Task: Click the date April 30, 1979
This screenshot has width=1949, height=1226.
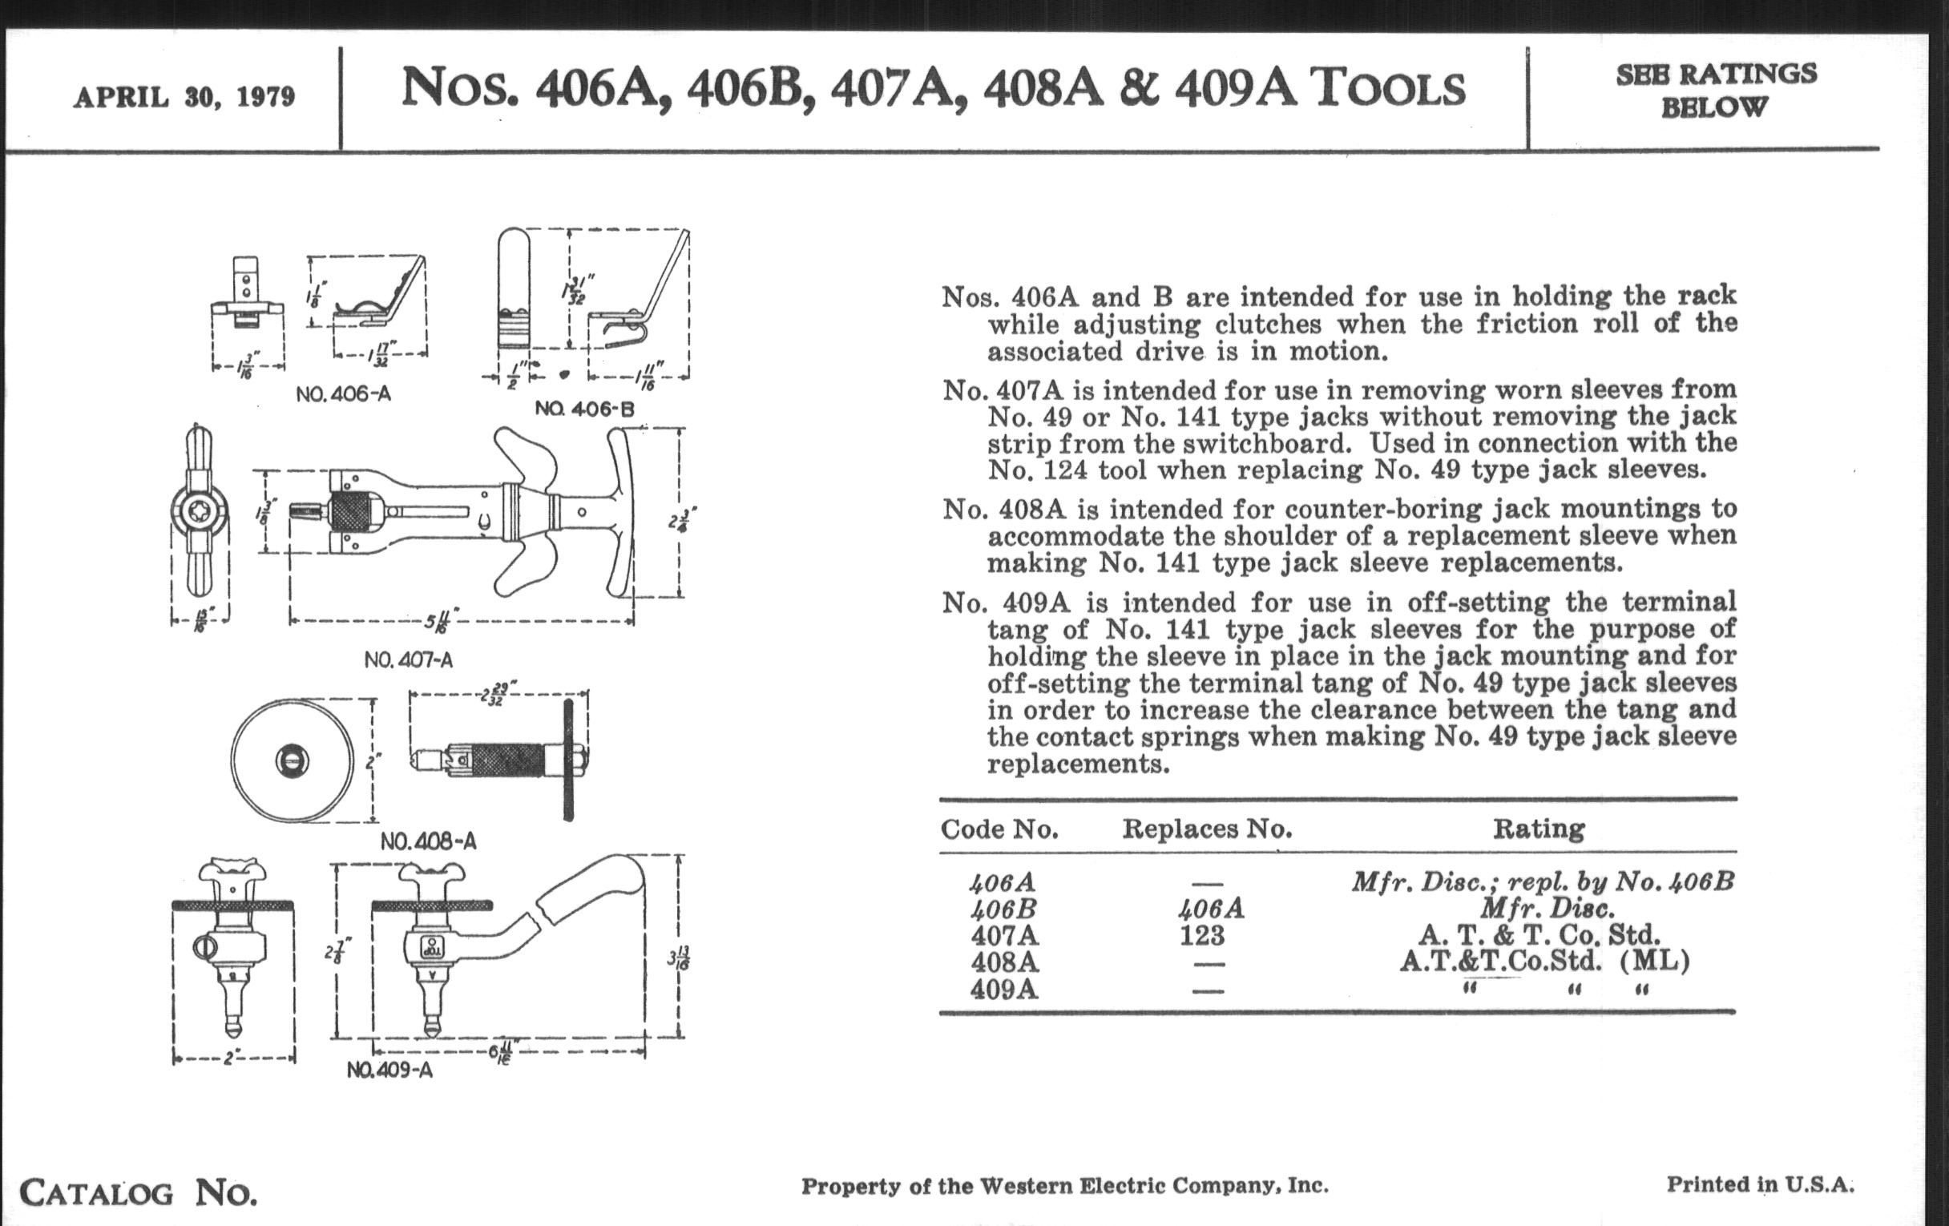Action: tap(184, 97)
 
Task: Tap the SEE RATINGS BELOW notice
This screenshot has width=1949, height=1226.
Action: tap(1716, 90)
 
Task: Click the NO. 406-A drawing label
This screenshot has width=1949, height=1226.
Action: tap(343, 394)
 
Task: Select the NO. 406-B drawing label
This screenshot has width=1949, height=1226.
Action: tap(584, 409)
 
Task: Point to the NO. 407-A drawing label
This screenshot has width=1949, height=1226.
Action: tap(408, 659)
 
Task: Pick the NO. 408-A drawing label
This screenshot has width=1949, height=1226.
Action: tap(428, 841)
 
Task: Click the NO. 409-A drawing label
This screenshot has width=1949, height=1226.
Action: tap(389, 1070)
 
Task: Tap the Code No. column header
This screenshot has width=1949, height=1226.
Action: tap(999, 829)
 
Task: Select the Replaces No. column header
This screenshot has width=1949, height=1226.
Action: tap(1207, 829)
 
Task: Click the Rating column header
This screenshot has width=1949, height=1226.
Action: tap(1539, 829)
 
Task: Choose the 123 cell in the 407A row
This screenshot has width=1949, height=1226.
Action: tap(1202, 936)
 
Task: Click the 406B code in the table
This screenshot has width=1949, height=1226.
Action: tap(1003, 909)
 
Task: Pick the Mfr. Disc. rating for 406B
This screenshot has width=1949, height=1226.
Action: tap(1547, 909)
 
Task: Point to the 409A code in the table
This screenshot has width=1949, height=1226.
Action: tap(1003, 990)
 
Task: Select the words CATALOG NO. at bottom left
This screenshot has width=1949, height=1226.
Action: tap(138, 1193)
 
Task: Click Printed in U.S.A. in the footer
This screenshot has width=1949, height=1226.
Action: tap(1760, 1184)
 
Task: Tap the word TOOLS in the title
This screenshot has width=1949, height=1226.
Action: tap(1389, 88)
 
